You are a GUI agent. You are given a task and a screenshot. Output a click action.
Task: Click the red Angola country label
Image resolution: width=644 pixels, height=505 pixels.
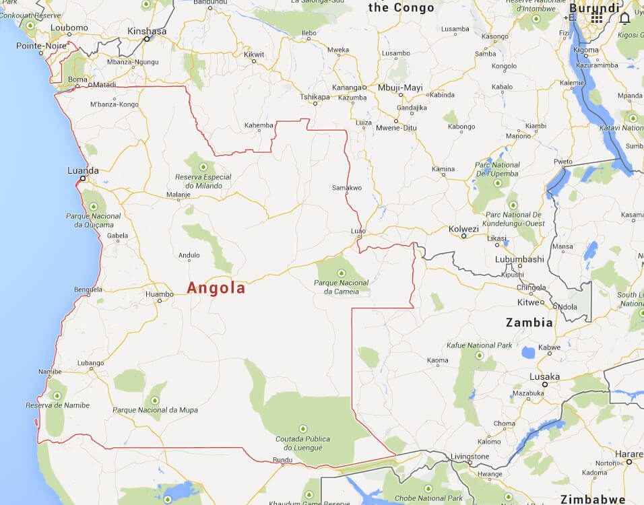coord(216,288)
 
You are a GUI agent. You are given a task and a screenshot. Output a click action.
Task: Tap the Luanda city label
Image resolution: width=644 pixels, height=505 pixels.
coord(83,170)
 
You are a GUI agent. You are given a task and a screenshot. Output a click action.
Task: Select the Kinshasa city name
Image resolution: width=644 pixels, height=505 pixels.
coord(146,31)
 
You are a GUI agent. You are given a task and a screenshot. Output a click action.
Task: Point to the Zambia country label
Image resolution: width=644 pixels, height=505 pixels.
coord(529,323)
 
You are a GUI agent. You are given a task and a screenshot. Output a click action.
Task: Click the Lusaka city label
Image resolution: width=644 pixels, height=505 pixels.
coord(544,376)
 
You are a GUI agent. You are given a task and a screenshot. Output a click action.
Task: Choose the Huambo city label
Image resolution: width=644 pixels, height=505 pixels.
coord(159,294)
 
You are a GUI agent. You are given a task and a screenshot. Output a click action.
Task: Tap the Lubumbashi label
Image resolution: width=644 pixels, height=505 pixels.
coord(519,259)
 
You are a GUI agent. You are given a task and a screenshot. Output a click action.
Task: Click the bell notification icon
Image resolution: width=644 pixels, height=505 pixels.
coord(624,18)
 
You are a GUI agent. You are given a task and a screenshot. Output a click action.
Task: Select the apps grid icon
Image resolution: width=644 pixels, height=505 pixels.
coord(597,18)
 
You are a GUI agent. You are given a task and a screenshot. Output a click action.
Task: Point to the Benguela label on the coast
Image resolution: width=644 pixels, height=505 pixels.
coord(88,290)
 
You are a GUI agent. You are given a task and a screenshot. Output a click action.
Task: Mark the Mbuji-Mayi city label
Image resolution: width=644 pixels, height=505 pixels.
coord(399,88)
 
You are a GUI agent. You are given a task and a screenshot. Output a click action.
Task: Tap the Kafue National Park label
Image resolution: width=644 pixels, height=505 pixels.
coord(479,345)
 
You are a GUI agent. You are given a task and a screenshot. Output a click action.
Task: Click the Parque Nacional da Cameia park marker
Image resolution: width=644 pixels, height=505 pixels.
coord(341,273)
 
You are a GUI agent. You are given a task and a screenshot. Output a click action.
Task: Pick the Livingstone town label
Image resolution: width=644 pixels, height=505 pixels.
coord(470,456)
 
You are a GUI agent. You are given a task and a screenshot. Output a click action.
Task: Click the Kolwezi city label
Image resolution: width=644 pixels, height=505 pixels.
coord(463,228)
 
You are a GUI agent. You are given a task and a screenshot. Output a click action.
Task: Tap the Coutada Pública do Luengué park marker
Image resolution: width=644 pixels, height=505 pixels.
coord(302,428)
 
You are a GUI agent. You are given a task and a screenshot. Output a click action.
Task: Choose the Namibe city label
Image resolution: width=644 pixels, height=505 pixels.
coord(50,372)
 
